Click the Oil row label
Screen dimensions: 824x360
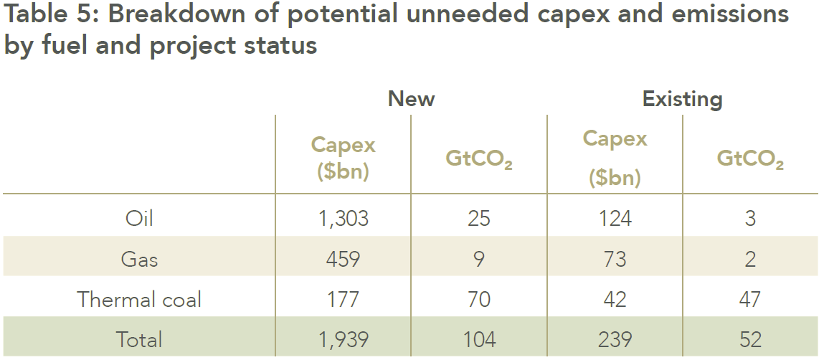click(139, 218)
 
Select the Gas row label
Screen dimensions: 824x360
click(139, 259)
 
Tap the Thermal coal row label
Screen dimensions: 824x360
click(139, 300)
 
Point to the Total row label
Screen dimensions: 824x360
click(139, 339)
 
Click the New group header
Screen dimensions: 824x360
click(411, 99)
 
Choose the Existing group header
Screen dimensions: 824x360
click(682, 99)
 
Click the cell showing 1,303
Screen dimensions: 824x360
click(344, 218)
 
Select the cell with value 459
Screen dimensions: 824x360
click(344, 259)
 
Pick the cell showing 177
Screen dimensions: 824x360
click(344, 300)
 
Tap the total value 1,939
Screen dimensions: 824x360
click(344, 339)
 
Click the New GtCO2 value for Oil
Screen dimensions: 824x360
click(479, 218)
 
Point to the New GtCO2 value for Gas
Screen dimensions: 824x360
click(479, 259)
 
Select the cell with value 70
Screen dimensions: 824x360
click(479, 300)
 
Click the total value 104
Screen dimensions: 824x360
click(479, 339)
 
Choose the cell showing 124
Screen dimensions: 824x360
click(615, 218)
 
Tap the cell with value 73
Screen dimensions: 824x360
click(615, 259)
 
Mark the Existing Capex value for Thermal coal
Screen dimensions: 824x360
click(615, 300)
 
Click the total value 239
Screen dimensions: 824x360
click(615, 339)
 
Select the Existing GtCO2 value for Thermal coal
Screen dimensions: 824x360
click(750, 300)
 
